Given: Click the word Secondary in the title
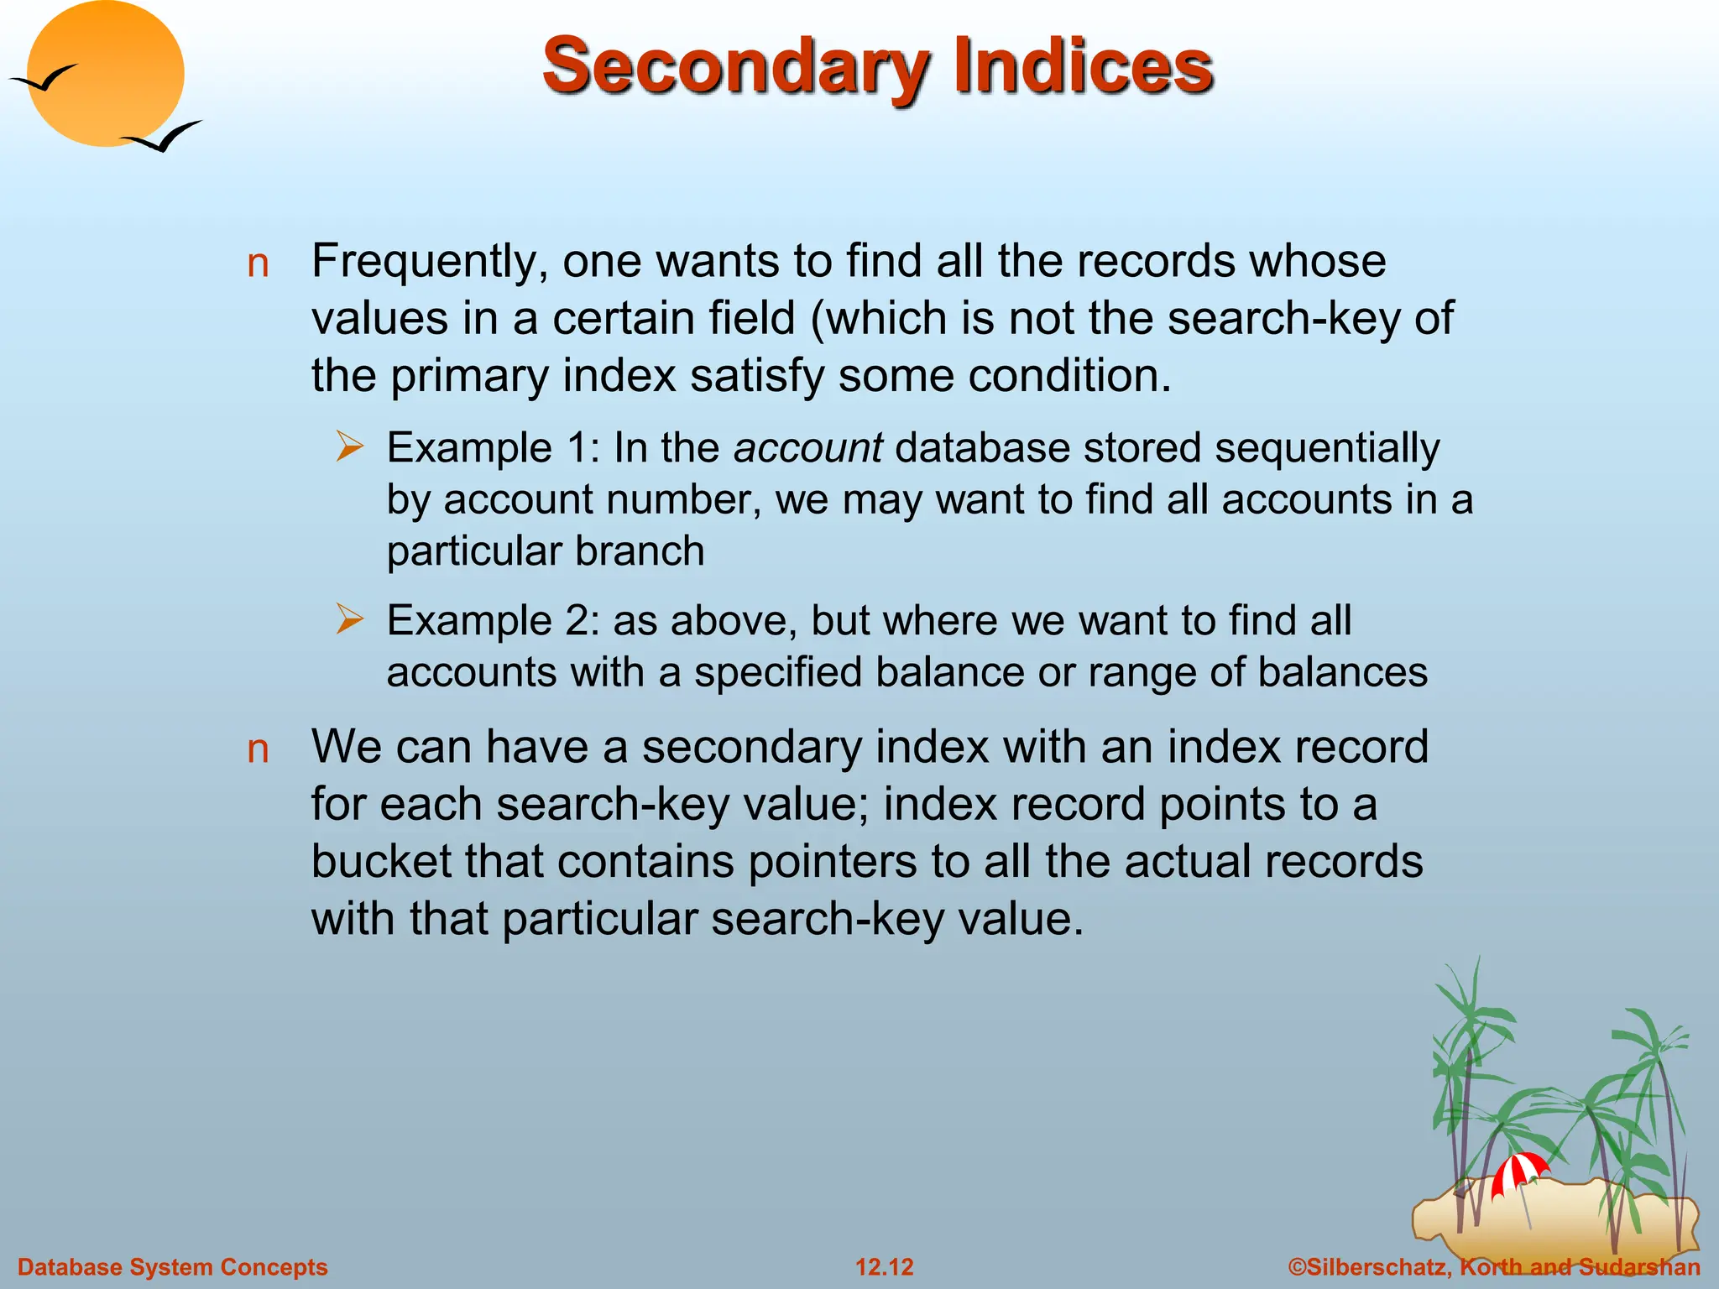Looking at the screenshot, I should click(x=734, y=67).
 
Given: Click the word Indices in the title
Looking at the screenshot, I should click(x=1083, y=67).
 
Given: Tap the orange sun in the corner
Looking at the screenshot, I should click(x=107, y=74).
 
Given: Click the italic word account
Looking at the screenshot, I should click(x=807, y=448).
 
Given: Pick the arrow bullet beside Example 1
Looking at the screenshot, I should click(x=349, y=446).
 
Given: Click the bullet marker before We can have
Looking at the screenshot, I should click(x=258, y=749).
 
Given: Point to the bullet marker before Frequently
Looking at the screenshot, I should click(x=258, y=264).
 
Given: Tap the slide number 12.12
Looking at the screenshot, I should click(x=884, y=1267).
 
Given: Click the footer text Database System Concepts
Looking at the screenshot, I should click(x=172, y=1267).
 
